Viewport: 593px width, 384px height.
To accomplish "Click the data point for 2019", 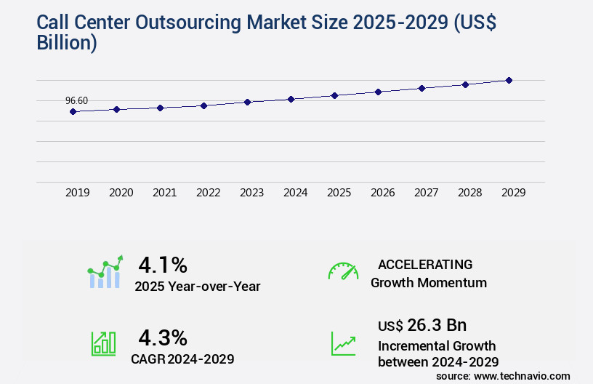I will pyautogui.click(x=73, y=111).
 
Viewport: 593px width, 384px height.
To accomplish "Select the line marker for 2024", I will pyautogui.click(x=291, y=99).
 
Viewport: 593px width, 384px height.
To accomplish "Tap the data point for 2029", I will pyautogui.click(x=509, y=80).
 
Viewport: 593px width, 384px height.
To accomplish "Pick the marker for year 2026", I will pyautogui.click(x=378, y=92).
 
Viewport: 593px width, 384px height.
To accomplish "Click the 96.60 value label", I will pyautogui.click(x=76, y=100).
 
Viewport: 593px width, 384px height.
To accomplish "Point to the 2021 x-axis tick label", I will pyautogui.click(x=164, y=193).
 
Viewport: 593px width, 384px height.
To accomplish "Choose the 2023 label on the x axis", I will pyautogui.click(x=251, y=193).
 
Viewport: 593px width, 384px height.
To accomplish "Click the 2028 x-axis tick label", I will pyautogui.click(x=469, y=193).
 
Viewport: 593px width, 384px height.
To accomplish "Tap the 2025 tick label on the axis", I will pyautogui.click(x=339, y=193).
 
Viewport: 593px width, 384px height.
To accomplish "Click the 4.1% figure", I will pyautogui.click(x=163, y=264).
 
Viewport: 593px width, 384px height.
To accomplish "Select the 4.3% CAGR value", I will pyautogui.click(x=163, y=337).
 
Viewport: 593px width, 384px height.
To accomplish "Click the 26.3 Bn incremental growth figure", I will pyautogui.click(x=422, y=324).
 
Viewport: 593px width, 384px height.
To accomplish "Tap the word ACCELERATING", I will pyautogui.click(x=425, y=264).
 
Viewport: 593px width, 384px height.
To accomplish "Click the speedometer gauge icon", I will pyautogui.click(x=343, y=271).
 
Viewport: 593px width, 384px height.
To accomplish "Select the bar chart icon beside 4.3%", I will pyautogui.click(x=103, y=343).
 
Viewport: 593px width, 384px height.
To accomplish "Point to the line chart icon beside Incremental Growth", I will pyautogui.click(x=343, y=343).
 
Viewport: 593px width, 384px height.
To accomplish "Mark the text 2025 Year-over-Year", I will pyautogui.click(x=197, y=286).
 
